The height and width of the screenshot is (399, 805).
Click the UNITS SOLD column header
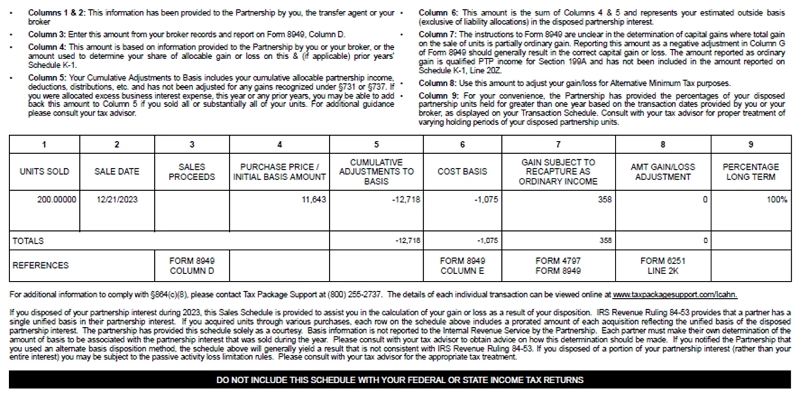point(44,172)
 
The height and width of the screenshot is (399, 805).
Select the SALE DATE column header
point(116,172)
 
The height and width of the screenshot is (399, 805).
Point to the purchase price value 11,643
point(313,199)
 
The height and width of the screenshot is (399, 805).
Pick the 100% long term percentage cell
point(777,199)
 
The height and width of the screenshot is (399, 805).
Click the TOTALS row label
point(28,240)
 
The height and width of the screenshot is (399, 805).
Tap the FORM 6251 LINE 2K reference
point(663,265)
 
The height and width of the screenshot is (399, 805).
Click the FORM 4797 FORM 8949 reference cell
point(558,265)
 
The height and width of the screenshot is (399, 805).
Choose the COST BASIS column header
point(462,172)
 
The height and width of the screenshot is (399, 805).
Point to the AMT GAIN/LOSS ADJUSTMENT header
point(663,172)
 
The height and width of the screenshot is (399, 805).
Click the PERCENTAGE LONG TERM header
point(751,172)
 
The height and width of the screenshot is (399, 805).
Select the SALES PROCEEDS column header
point(192,172)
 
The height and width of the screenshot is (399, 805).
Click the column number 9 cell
point(751,144)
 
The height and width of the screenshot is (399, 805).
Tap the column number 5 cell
point(376,144)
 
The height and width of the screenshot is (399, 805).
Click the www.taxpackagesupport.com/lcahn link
point(674,295)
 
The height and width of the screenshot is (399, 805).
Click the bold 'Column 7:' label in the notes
point(434,35)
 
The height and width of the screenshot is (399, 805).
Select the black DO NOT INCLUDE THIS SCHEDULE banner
point(400,380)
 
